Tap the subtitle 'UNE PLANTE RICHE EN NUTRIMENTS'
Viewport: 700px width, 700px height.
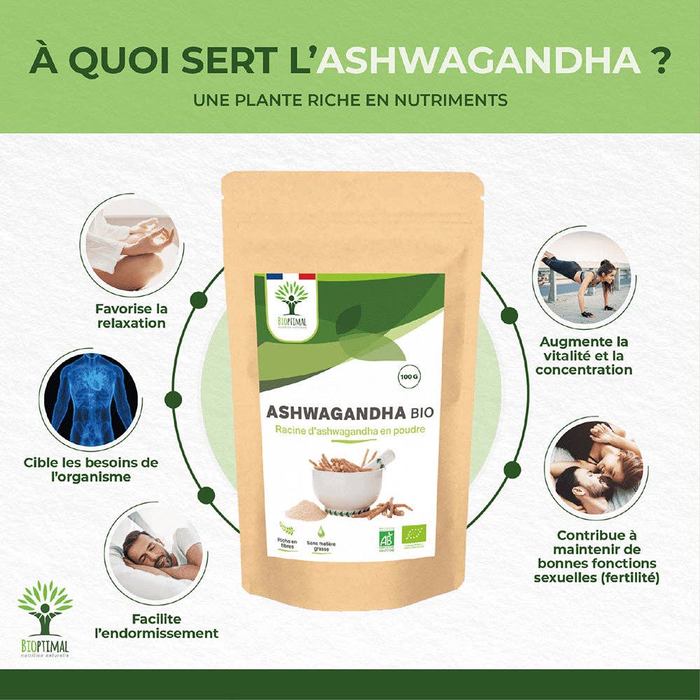click(350, 100)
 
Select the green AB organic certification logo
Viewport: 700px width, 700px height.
click(387, 537)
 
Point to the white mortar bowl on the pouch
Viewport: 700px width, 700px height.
click(339, 486)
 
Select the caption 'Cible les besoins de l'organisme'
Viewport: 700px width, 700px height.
click(91, 469)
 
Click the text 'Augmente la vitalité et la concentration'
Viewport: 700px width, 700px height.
click(584, 356)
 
